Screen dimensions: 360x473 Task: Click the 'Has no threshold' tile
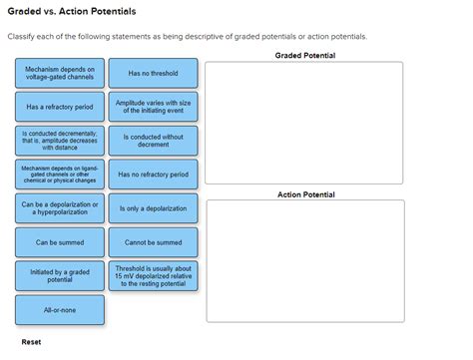pyautogui.click(x=153, y=73)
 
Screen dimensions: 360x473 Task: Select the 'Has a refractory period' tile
pyautogui.click(x=60, y=107)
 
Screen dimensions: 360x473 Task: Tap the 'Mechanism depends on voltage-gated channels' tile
pyautogui.click(x=60, y=73)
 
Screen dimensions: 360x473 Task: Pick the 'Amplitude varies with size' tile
pyautogui.click(x=153, y=107)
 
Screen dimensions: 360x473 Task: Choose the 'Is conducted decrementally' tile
pyautogui.click(x=60, y=141)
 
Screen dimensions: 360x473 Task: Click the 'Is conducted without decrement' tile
pyautogui.click(x=153, y=141)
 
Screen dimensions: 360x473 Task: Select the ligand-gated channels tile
pyautogui.click(x=60, y=175)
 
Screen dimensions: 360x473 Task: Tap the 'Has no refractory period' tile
pyautogui.click(x=153, y=175)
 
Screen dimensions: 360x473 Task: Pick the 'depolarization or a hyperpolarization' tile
pyautogui.click(x=60, y=208)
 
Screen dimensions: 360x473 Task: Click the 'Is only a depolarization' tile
pyautogui.click(x=153, y=208)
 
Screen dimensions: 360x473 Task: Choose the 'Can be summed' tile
pyautogui.click(x=60, y=242)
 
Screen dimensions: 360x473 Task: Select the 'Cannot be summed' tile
pyautogui.click(x=153, y=242)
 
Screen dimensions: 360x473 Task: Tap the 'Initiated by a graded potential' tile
pyautogui.click(x=60, y=276)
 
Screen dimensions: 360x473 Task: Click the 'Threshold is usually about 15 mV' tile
pyautogui.click(x=153, y=276)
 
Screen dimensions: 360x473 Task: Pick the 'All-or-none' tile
pyautogui.click(x=60, y=310)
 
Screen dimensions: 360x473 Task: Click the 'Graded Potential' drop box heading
pyautogui.click(x=304, y=55)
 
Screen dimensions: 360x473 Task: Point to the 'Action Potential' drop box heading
pyautogui.click(x=305, y=194)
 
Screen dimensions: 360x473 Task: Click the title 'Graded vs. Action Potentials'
pyautogui.click(x=71, y=11)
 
